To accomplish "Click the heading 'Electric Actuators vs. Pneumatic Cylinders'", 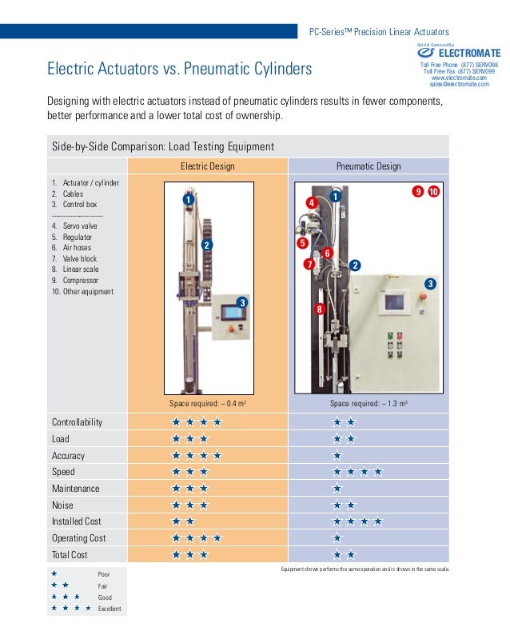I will (x=180, y=69).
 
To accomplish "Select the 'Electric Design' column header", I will (x=208, y=166).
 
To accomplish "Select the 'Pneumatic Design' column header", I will (x=369, y=166).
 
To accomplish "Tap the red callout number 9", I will (x=417, y=192).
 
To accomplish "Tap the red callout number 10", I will (x=433, y=192).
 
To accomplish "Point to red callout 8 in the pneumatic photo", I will (x=320, y=309).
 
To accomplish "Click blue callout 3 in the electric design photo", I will (x=241, y=302).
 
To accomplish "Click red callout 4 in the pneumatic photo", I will (x=312, y=204).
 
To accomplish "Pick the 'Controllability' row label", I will (x=78, y=422).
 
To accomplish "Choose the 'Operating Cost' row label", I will (x=79, y=538).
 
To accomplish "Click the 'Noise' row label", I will (x=64, y=505).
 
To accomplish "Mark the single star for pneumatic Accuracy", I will (x=337, y=456).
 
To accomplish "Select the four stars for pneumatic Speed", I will (x=357, y=472).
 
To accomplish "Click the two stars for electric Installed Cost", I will (x=184, y=521).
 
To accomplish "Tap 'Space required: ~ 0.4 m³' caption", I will (x=208, y=404).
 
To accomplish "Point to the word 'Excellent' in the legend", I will (x=110, y=609).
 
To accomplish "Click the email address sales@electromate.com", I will (x=459, y=83).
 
